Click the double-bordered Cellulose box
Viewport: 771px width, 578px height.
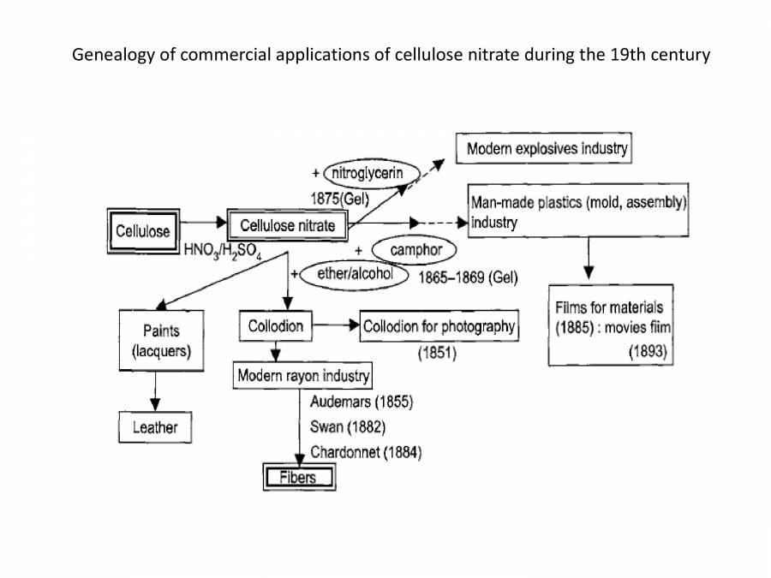(x=143, y=230)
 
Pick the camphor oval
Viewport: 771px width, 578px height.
(x=415, y=250)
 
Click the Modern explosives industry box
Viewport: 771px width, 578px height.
(x=547, y=149)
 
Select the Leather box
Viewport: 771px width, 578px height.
(x=155, y=427)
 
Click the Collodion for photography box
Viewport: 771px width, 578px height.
(x=439, y=326)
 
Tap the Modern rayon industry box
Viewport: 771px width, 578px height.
(x=303, y=376)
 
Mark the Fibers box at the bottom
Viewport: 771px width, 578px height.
(x=298, y=478)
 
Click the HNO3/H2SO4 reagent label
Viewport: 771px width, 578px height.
(x=222, y=252)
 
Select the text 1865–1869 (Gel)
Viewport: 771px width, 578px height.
(x=467, y=279)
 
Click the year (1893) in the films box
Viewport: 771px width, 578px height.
(x=648, y=351)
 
